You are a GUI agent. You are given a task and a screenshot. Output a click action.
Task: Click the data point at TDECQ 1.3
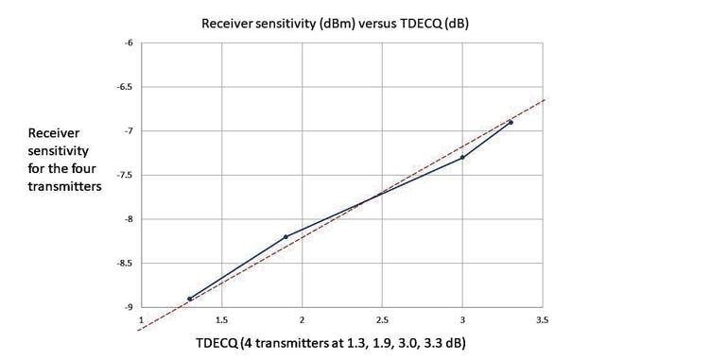tap(189, 299)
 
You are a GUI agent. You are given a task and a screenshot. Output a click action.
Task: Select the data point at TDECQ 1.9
tap(286, 236)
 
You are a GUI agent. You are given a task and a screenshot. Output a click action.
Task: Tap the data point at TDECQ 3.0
tap(462, 157)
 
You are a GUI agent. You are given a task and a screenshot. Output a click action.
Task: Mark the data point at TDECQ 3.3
tap(511, 122)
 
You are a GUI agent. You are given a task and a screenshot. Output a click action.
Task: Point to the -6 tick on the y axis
tap(129, 43)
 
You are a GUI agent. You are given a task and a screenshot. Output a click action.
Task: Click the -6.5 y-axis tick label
tap(125, 87)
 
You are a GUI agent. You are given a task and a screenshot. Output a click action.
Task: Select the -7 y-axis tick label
tap(129, 130)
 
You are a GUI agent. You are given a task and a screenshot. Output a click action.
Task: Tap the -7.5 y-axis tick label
tap(125, 175)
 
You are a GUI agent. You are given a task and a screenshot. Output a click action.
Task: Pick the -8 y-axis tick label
tap(129, 219)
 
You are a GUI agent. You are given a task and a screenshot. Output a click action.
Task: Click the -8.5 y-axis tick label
tap(125, 264)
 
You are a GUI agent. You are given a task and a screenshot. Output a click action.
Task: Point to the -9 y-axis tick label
tap(129, 307)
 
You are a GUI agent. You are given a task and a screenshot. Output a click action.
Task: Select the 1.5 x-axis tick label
tap(221, 321)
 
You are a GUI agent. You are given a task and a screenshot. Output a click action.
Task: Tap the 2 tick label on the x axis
tap(302, 321)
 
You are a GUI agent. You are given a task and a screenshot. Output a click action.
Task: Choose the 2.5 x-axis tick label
tap(382, 321)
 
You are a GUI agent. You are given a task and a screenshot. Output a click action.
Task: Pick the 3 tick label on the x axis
tap(462, 321)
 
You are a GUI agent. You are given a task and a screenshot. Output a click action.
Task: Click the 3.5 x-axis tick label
tap(542, 321)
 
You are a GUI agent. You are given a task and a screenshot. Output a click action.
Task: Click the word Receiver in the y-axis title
tap(51, 135)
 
